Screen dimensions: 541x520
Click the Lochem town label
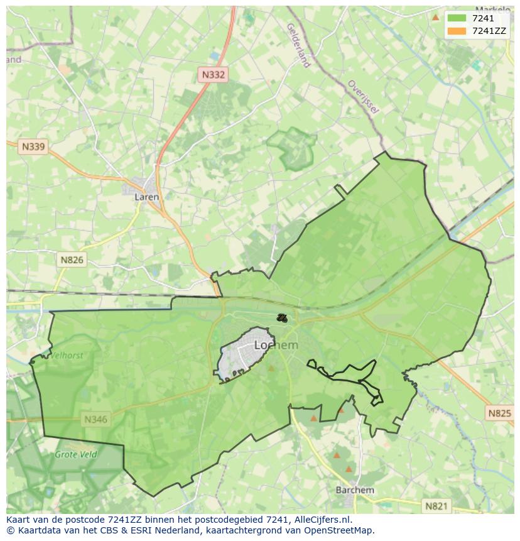click(276, 345)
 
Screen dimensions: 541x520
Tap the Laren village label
click(147, 197)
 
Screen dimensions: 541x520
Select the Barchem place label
click(355, 490)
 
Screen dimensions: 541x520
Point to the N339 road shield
click(33, 146)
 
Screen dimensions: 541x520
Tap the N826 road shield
click(72, 260)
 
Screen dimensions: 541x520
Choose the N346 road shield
click(95, 419)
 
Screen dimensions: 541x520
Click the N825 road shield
click(499, 413)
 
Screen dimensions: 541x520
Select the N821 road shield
click(436, 506)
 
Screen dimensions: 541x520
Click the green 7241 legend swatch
click(457, 19)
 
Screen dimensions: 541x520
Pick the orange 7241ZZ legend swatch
click(457, 31)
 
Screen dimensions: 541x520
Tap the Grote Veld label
click(75, 454)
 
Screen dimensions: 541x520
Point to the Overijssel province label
click(364, 97)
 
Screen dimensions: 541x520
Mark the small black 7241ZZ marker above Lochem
click(282, 318)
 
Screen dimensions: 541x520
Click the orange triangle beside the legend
click(435, 17)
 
